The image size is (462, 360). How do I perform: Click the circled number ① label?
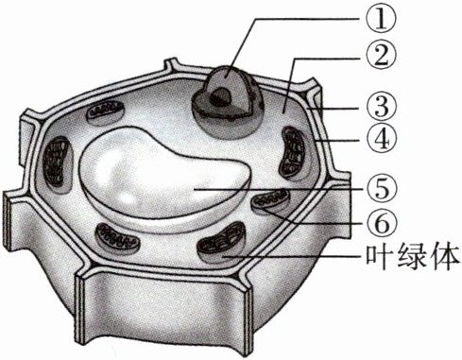tap(381, 17)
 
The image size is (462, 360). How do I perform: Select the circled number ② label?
tap(381, 56)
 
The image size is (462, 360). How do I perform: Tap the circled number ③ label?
tap(381, 107)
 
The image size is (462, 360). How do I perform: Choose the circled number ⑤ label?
tap(381, 189)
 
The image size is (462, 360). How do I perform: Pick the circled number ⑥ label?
tap(381, 222)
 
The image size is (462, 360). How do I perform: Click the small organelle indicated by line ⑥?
tap(271, 200)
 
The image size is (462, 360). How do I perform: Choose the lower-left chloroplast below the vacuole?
tap(117, 238)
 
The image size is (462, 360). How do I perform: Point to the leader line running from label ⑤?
tap(279, 189)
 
